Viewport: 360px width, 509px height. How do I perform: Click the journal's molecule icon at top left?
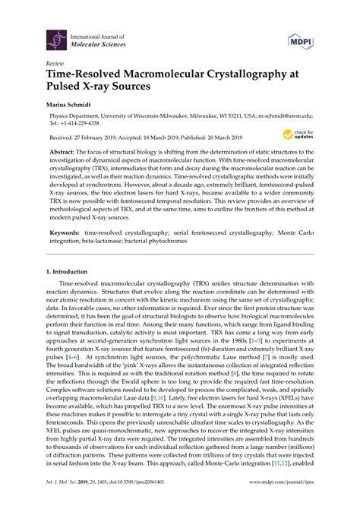coord(56,39)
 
